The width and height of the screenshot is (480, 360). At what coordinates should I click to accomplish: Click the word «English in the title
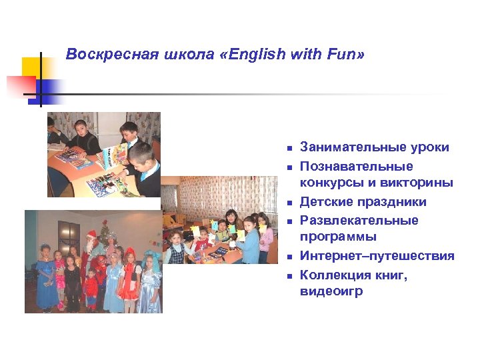(253, 54)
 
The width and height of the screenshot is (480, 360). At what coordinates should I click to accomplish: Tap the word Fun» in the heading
(344, 54)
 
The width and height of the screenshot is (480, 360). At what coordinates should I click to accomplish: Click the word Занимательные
(349, 147)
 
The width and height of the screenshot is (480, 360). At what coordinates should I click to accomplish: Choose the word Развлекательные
(359, 220)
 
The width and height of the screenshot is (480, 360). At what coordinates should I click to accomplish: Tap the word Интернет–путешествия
(377, 256)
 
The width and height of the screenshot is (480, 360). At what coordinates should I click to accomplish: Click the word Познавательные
(356, 166)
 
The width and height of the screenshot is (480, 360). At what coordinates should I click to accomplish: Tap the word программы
(338, 237)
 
